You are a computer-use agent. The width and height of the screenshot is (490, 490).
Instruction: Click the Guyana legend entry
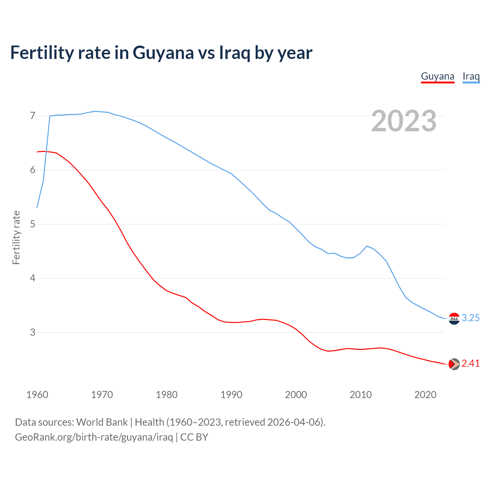click(438, 76)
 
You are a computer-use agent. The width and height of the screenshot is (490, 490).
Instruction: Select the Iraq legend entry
click(471, 76)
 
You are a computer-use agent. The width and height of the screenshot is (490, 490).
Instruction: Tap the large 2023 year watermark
click(404, 121)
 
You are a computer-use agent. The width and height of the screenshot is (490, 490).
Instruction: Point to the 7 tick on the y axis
click(33, 116)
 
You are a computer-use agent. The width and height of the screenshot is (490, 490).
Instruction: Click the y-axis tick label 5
click(33, 224)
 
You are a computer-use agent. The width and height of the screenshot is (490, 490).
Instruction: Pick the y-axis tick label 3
click(33, 332)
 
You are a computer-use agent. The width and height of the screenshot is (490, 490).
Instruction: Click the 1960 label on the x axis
click(37, 395)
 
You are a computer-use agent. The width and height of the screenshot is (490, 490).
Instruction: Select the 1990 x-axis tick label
click(231, 395)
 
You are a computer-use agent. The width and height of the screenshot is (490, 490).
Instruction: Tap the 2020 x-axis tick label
click(425, 395)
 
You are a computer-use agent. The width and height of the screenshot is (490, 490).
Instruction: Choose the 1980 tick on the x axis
click(167, 395)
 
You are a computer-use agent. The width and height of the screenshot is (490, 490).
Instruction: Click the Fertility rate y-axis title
click(16, 237)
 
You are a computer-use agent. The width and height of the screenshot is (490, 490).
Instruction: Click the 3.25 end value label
click(470, 318)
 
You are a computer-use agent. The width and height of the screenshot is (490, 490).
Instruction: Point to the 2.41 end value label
click(470, 364)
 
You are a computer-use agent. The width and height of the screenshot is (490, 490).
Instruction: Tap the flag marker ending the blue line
click(454, 318)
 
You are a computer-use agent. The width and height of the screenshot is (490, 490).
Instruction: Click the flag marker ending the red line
click(454, 364)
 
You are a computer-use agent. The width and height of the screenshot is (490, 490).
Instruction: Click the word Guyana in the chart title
click(163, 53)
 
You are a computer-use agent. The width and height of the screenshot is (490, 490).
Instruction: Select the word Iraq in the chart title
click(234, 53)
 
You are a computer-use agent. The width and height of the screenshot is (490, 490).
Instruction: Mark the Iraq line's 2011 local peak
click(367, 246)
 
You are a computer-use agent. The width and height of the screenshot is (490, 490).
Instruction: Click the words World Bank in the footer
click(102, 422)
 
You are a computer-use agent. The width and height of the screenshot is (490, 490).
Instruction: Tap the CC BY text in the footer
click(194, 437)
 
